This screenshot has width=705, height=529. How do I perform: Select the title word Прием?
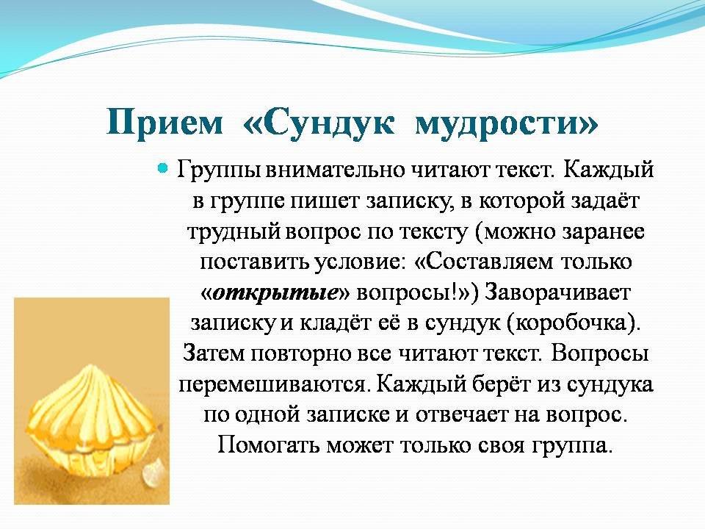click(164, 121)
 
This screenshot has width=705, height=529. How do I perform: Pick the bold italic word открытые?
click(275, 293)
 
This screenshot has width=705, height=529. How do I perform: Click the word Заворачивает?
click(557, 292)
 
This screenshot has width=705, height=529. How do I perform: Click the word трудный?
click(234, 232)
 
